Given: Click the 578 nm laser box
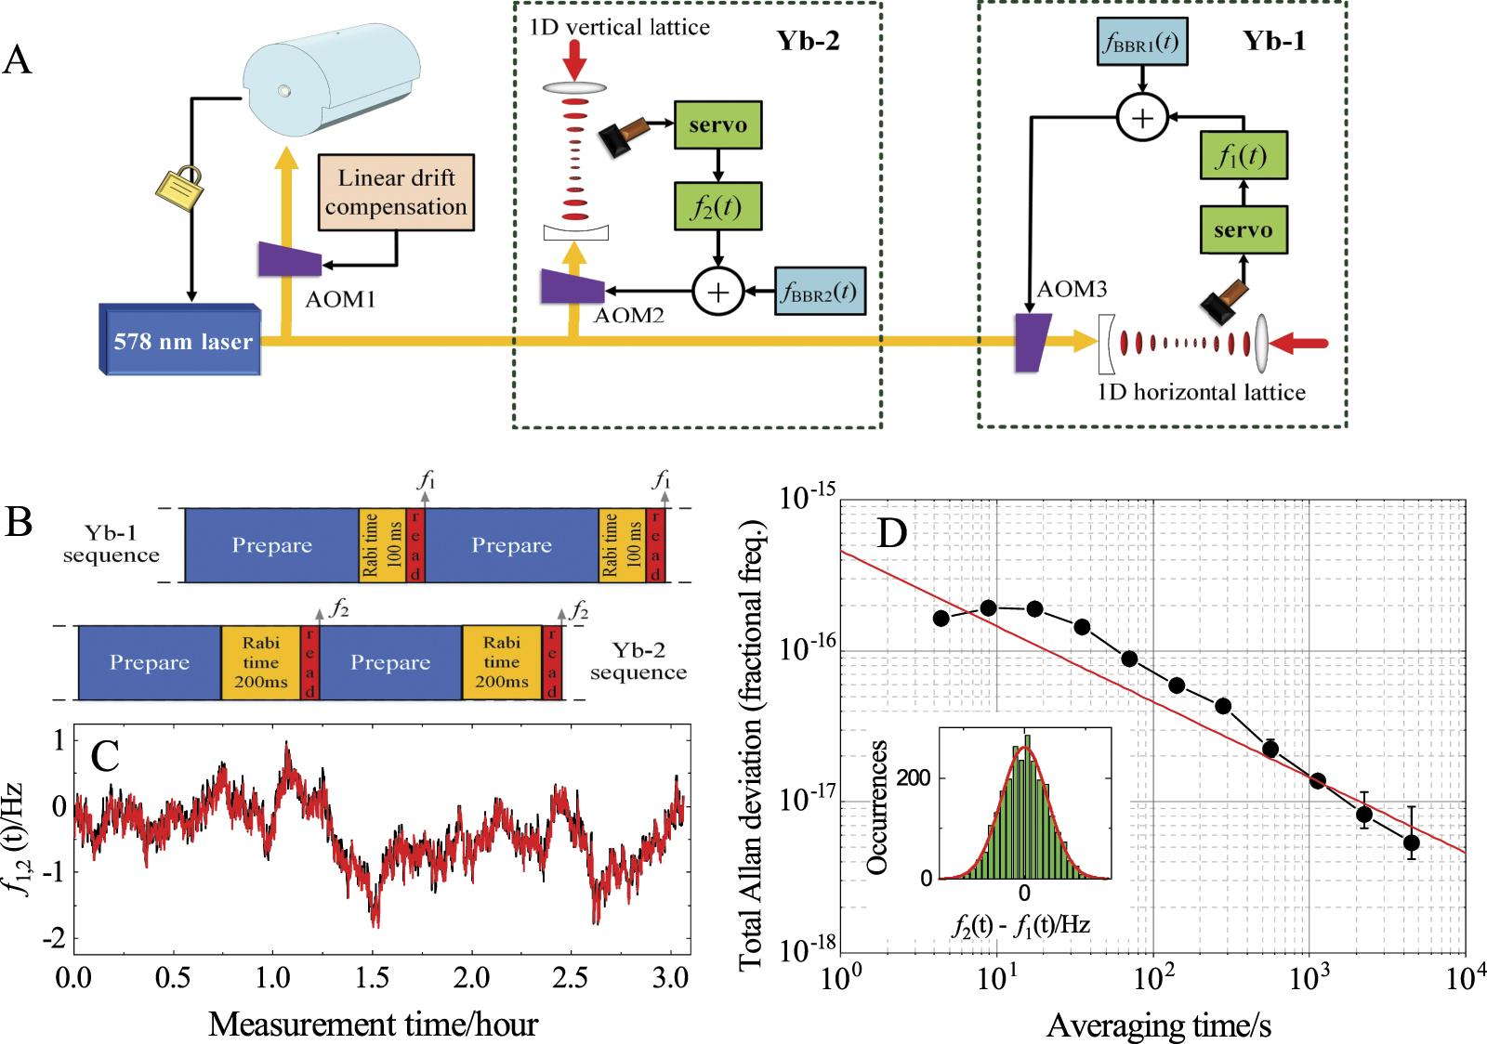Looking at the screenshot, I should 181,341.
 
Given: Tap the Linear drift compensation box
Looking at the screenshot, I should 396,192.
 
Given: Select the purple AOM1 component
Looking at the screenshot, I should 289,259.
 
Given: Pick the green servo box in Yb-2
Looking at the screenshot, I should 717,125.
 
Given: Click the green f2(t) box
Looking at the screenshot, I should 717,206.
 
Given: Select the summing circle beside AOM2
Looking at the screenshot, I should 717,292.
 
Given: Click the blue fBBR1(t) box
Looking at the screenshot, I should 1141,42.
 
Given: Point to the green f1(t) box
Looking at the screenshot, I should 1244,155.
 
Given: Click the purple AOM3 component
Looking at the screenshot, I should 1032,343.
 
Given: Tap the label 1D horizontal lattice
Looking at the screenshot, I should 1201,392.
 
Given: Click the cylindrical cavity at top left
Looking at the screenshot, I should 331,79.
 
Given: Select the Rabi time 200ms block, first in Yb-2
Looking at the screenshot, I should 260,662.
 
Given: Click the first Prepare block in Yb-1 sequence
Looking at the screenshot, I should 271,545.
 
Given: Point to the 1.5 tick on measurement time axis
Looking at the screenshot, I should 372,977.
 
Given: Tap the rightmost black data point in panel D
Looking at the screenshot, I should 1411,843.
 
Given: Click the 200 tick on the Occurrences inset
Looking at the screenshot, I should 913,777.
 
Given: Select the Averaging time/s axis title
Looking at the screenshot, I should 1158,1025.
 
